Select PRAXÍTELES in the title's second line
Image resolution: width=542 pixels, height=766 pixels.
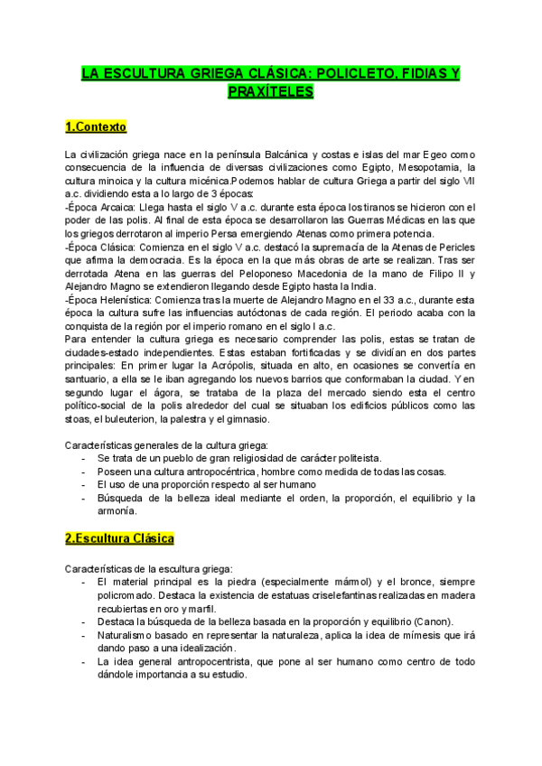270,91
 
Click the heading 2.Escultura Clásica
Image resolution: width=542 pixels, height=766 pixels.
119,538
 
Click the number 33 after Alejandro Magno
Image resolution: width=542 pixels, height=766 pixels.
378,299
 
